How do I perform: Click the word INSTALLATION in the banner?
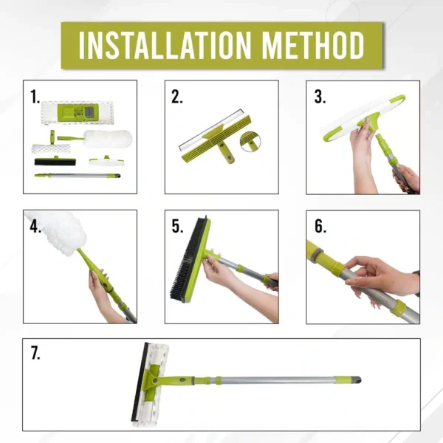[x=165, y=45]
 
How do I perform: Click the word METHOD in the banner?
[x=313, y=45]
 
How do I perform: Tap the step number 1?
[x=35, y=97]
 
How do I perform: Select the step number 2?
[x=177, y=97]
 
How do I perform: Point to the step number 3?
[x=320, y=97]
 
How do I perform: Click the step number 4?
[x=35, y=227]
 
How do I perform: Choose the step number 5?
[x=177, y=227]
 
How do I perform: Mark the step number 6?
[x=320, y=227]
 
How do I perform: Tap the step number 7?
[x=35, y=353]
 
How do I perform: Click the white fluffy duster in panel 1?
[x=108, y=139]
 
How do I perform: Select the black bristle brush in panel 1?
[x=55, y=162]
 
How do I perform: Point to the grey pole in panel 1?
[x=78, y=176]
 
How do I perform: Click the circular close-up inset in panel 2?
[x=250, y=142]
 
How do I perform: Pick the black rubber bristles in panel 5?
[x=187, y=258]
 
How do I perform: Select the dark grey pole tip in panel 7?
[x=357, y=380]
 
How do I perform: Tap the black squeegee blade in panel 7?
[x=140, y=382]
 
